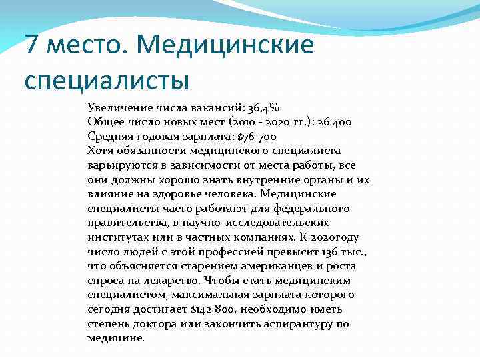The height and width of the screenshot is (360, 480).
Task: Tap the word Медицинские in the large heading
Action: (227, 47)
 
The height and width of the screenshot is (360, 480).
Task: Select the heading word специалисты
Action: (107, 80)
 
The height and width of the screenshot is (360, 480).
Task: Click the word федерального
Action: (314, 209)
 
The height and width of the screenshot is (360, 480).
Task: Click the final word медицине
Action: (115, 338)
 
